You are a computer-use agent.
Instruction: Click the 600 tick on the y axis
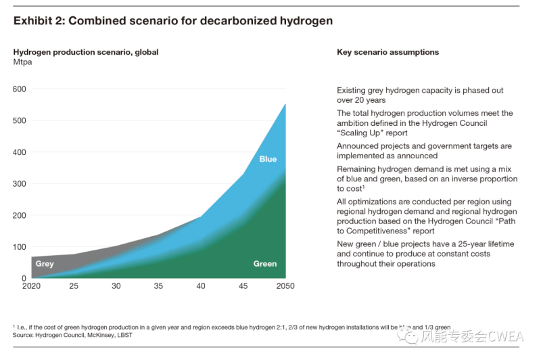pyautogui.click(x=19, y=89)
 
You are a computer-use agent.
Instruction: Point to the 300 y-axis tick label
pyautogui.click(x=19, y=184)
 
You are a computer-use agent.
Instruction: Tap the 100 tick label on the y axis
pyautogui.click(x=19, y=247)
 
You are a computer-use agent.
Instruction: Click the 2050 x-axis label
pyautogui.click(x=284, y=286)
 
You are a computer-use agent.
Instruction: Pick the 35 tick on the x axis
pyautogui.click(x=158, y=286)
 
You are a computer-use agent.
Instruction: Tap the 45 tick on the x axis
pyautogui.click(x=243, y=286)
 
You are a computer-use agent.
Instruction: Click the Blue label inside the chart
pyautogui.click(x=268, y=160)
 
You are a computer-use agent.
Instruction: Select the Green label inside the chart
pyautogui.click(x=264, y=264)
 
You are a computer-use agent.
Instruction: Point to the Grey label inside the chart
pyautogui.click(x=45, y=264)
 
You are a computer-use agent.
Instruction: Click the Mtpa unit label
pyautogui.click(x=23, y=63)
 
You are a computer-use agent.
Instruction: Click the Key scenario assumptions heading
pyautogui.click(x=387, y=52)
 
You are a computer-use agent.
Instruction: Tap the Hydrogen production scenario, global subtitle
pyautogui.click(x=86, y=52)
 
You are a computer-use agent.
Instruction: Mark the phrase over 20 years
pyautogui.click(x=361, y=100)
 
